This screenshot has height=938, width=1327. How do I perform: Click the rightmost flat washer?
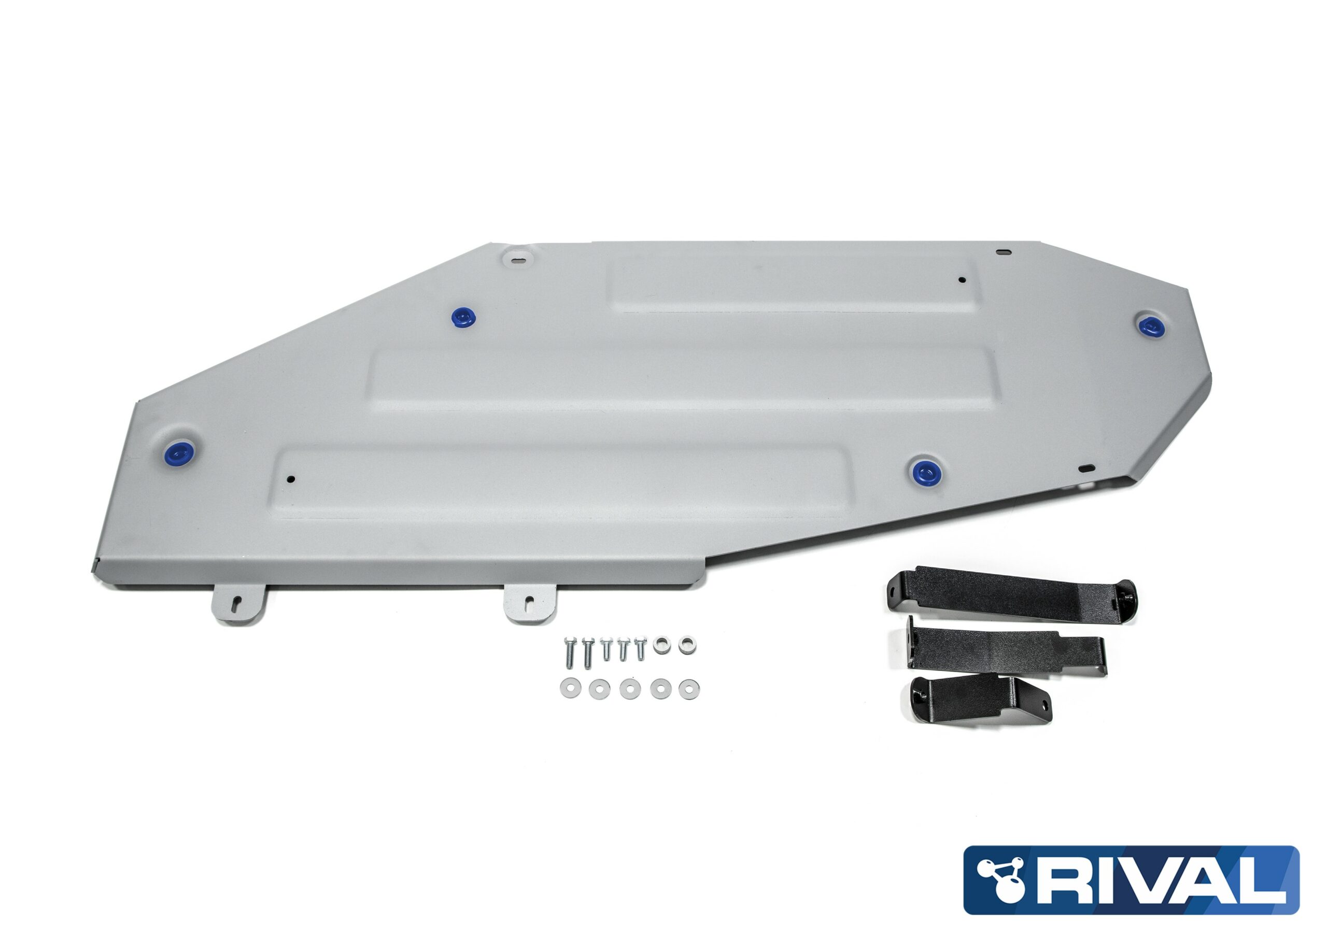(688, 689)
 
